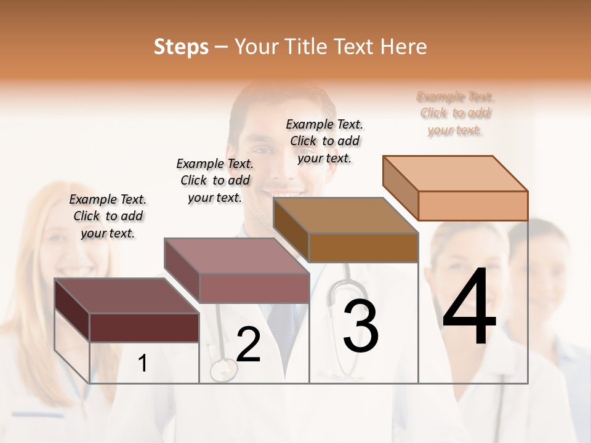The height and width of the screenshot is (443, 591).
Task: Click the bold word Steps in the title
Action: coord(181,47)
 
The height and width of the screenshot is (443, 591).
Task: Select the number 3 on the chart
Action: coord(360,326)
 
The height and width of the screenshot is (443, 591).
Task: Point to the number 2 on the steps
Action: coord(248,345)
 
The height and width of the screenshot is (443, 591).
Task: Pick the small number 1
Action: coord(142,364)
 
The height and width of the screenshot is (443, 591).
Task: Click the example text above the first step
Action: coord(108,216)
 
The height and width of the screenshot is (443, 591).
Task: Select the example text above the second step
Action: coord(215,180)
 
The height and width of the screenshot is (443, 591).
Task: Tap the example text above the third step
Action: coord(324,141)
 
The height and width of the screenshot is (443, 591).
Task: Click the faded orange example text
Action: coord(456,113)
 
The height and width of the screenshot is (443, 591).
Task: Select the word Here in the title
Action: coord(404,47)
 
